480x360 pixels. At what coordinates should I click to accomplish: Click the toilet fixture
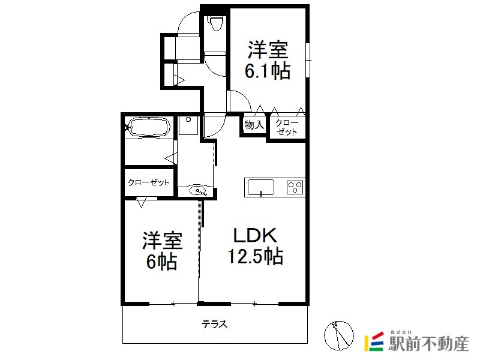pos(216,22)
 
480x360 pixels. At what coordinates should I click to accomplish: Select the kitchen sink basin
pos(261,187)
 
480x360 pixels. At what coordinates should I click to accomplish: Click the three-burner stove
pos(295,187)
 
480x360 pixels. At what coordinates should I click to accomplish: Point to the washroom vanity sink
pos(198,191)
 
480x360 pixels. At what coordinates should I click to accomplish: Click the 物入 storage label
pos(254,125)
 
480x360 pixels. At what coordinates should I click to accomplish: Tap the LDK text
pos(255,235)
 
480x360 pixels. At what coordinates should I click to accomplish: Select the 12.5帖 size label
pos(255,256)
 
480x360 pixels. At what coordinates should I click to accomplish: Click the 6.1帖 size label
pos(267,71)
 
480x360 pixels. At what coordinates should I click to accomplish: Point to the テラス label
pos(214,324)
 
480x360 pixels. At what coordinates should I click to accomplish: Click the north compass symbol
pos(338,335)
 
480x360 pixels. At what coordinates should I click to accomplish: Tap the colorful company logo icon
pos(374,341)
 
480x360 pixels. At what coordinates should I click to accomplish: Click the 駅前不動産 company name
pos(428,344)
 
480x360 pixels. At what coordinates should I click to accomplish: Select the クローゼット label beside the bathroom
pos(148,182)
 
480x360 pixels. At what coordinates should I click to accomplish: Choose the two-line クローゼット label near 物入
pos(287,127)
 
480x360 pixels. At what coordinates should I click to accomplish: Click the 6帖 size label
pos(161,262)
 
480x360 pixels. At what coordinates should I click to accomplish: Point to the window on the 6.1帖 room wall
pos(308,60)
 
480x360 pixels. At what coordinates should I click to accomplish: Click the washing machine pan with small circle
pos(188,125)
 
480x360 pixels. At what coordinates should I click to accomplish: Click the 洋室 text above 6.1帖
pos(268,50)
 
